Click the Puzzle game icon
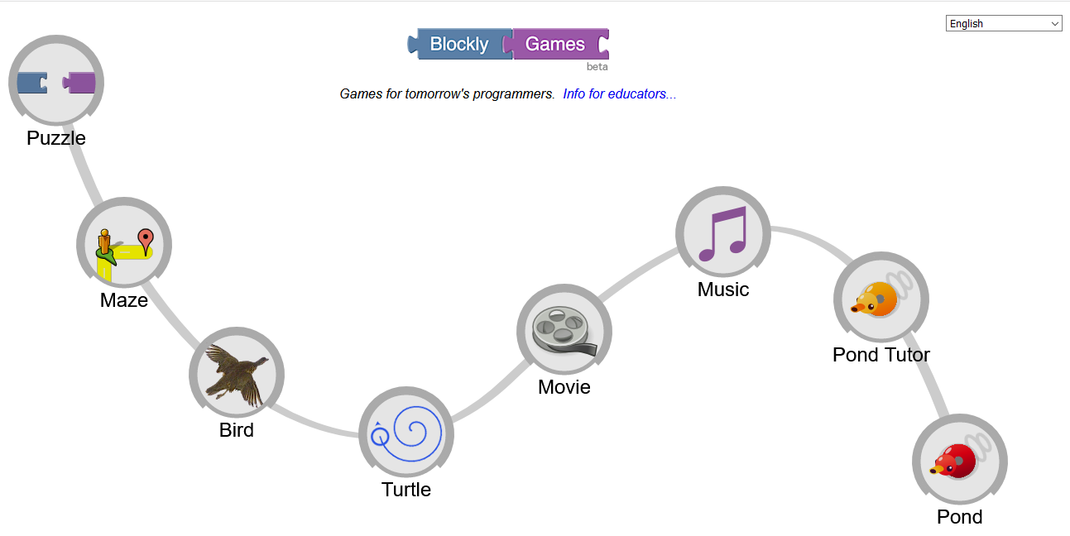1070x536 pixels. [56, 83]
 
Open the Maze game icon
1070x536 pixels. [124, 245]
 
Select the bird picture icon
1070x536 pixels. [237, 375]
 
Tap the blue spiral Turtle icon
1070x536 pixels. [406, 434]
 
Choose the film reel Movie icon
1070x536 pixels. [564, 331]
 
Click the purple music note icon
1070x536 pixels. [723, 233]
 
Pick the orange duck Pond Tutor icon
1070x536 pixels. [880, 299]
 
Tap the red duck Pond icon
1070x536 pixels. [959, 461]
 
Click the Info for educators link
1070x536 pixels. [619, 94]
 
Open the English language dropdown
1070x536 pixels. [1004, 24]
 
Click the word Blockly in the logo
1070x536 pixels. [458, 45]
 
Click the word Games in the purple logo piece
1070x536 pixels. [555, 45]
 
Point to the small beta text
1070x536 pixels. [597, 66]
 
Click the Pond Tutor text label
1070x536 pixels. [881, 355]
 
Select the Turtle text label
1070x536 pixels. [406, 490]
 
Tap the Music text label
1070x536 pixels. [723, 290]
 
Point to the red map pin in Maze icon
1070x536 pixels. [146, 240]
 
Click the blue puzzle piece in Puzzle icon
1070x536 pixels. [31, 83]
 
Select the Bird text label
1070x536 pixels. [237, 430]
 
